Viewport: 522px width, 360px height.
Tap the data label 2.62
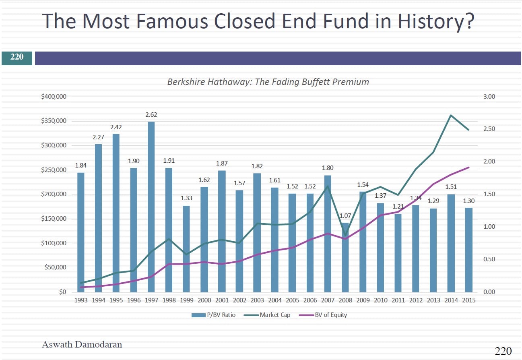pos(151,115)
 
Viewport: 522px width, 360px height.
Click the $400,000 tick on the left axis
pos(54,97)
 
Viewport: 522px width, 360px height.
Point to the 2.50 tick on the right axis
pos(489,129)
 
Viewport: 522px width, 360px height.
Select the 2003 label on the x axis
pos(257,300)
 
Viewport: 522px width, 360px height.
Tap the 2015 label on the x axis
pos(468,300)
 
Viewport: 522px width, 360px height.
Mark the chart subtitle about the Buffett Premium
pos(268,82)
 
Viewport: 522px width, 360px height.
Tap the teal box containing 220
pos(17,57)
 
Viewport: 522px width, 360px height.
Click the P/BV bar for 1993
pos(81,232)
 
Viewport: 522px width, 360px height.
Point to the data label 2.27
pos(99,137)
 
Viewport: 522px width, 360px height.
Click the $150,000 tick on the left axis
pos(54,219)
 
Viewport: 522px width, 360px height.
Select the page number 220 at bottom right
pos(503,351)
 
